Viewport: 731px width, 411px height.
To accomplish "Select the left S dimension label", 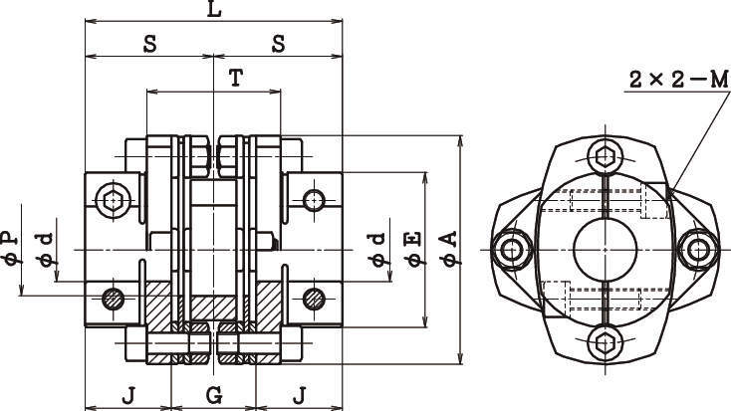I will click(149, 44).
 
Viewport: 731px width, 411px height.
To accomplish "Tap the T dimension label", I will click(235, 79).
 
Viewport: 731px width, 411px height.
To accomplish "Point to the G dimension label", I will click(213, 395).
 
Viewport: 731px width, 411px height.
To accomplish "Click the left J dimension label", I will click(128, 395).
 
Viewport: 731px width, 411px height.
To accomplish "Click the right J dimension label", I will click(300, 395).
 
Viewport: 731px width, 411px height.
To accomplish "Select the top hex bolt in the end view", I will click(605, 155).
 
